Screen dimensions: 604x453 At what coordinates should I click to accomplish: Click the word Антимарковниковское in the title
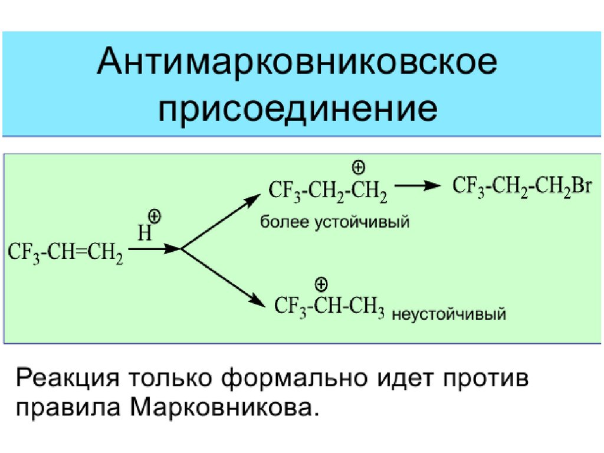coord(297,64)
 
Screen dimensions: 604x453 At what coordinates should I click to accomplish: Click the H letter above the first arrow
coord(144,234)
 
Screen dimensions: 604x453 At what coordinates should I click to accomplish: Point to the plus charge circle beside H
coord(155,216)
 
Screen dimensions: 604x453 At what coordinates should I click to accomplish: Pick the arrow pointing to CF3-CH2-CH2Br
coord(418,186)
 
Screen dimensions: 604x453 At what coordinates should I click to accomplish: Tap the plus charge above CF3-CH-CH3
coord(321,285)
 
